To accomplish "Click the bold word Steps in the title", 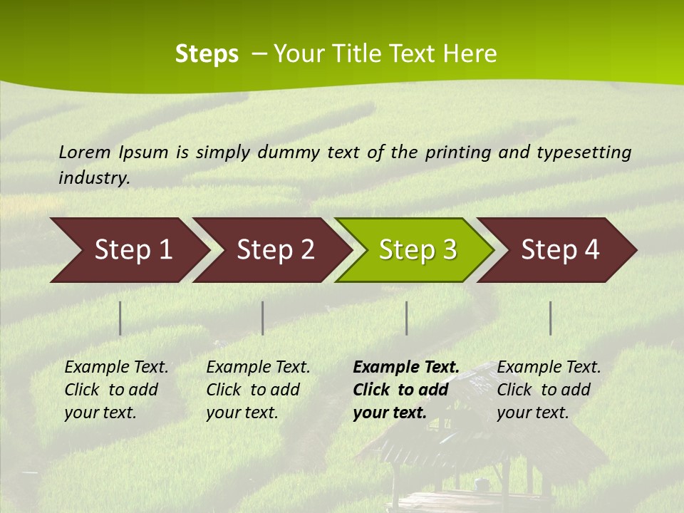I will (x=207, y=54).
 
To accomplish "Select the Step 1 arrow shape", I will (x=128, y=250).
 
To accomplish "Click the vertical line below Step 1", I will (x=120, y=318).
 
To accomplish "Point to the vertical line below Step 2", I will (x=263, y=318).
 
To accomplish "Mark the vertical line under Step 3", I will (x=406, y=318).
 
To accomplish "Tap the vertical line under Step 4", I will (x=550, y=318).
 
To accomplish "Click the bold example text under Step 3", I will (x=405, y=390).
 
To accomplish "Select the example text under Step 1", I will (x=116, y=390).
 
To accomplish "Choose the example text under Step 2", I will (x=258, y=390).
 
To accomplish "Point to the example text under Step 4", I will (x=549, y=390).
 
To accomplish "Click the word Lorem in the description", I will (x=85, y=152).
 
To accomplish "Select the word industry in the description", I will (x=93, y=178).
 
